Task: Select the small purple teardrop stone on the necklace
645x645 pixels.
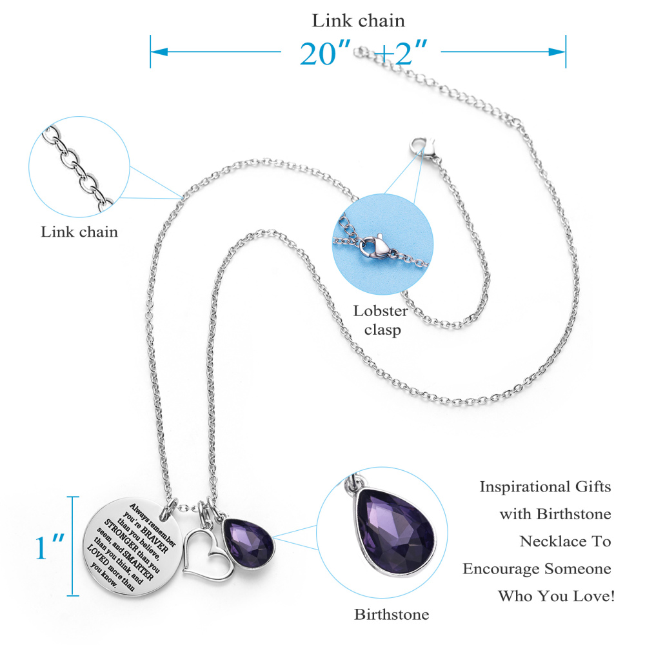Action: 248,544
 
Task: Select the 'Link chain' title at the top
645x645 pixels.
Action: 358,21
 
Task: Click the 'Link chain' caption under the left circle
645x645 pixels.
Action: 79,232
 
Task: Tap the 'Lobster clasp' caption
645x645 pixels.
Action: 381,320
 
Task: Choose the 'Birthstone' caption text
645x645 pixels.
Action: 392,614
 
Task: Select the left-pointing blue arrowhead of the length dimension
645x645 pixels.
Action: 159,52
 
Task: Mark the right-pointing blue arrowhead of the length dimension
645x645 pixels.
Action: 557,52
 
